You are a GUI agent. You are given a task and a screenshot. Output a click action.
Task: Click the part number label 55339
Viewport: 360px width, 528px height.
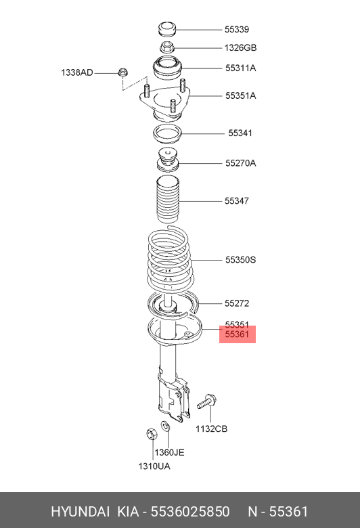[237, 30]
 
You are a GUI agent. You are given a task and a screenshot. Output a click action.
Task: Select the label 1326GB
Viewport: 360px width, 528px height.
[240, 48]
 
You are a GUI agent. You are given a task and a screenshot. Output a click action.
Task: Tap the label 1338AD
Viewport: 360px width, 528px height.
[76, 72]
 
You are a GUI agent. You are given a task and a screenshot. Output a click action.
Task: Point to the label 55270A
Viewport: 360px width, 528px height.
[240, 163]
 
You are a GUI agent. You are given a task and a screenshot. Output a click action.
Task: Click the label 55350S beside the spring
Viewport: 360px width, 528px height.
[240, 260]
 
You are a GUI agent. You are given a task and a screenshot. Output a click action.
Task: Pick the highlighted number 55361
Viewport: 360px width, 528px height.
[237, 334]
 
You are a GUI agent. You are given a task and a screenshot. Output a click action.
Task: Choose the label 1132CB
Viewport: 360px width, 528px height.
[212, 428]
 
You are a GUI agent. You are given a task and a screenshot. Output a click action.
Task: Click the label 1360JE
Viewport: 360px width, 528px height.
[169, 452]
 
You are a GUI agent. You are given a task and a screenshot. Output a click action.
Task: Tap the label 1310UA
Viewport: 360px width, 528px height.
[154, 466]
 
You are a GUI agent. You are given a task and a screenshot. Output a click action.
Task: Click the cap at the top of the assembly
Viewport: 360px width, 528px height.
[167, 29]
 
